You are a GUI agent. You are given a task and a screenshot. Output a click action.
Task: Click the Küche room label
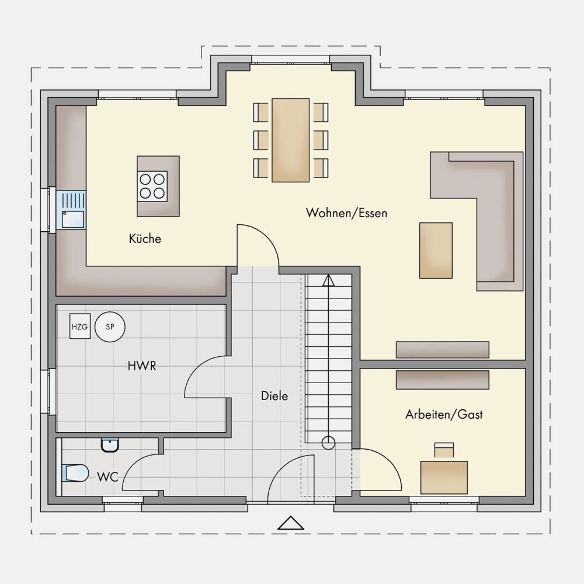tap(145, 238)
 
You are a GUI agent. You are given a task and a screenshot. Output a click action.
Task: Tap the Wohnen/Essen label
tap(346, 213)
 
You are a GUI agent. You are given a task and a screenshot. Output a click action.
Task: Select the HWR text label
tap(142, 366)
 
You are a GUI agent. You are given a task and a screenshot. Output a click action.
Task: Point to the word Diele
tap(274, 395)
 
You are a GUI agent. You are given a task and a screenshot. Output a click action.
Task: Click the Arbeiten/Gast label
tap(444, 414)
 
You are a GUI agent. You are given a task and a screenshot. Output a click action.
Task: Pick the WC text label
tap(107, 477)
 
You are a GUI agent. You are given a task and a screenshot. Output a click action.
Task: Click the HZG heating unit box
tap(79, 326)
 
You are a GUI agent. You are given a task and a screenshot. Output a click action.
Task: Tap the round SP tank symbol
tap(110, 326)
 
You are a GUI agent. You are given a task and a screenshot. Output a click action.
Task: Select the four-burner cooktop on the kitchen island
tap(152, 186)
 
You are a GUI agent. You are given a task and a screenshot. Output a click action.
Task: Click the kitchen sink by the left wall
tap(71, 210)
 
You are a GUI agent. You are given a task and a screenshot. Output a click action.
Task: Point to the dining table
tap(290, 140)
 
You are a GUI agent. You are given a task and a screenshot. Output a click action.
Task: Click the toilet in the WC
tap(75, 473)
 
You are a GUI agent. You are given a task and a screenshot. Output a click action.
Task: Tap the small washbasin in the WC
tap(110, 445)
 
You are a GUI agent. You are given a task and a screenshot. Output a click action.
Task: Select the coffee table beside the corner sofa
tap(436, 251)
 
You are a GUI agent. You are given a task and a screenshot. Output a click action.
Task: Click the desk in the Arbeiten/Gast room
tap(444, 477)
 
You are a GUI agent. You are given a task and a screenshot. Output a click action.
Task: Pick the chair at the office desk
tap(444, 450)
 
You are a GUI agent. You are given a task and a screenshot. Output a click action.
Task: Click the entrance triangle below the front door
tap(291, 523)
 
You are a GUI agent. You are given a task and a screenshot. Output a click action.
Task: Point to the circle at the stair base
tap(328, 443)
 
